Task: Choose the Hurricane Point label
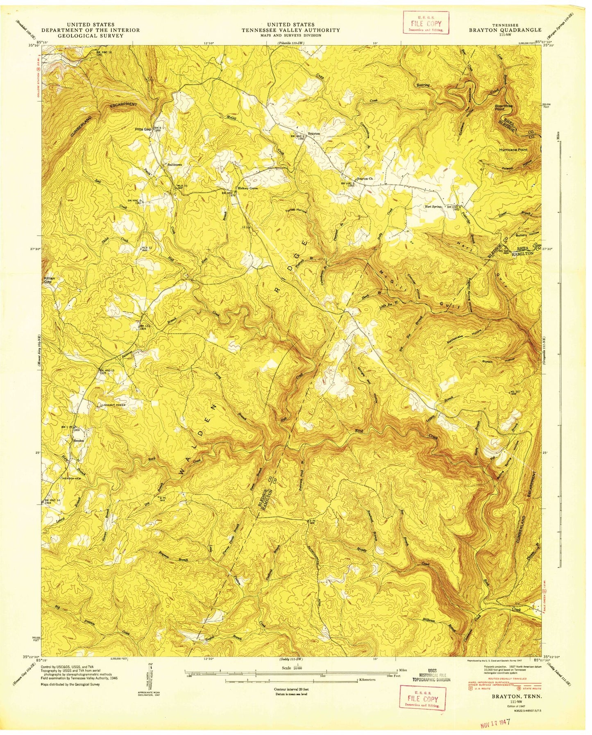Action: click(x=513, y=150)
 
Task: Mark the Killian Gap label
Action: click(x=48, y=281)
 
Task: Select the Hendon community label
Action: click(x=78, y=441)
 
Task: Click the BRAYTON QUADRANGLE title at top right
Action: click(x=505, y=30)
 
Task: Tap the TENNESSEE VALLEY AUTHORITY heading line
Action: click(x=290, y=30)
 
